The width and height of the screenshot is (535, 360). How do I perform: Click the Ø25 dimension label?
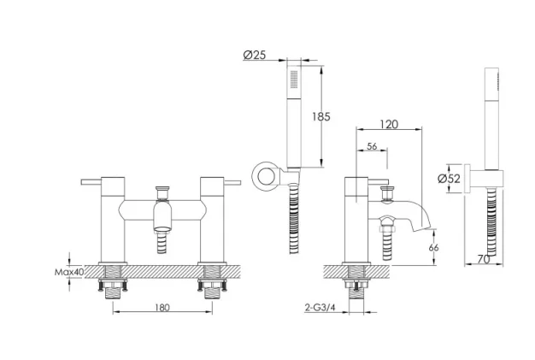[x=255, y=55]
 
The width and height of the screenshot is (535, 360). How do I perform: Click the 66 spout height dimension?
[x=433, y=248]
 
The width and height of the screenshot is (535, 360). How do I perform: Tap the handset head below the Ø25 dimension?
[x=296, y=81]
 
